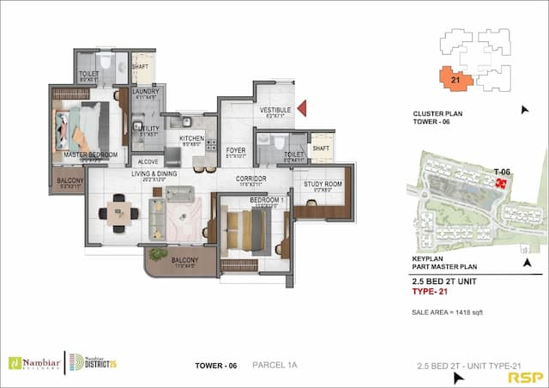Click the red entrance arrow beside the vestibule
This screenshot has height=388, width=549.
[302, 109]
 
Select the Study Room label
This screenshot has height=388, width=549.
[323, 184]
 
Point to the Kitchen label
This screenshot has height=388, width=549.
[191, 138]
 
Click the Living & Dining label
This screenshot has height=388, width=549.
[154, 174]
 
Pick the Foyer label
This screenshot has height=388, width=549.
[236, 150]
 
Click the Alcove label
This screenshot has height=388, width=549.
[147, 161]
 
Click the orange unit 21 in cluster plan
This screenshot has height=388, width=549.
[455, 79]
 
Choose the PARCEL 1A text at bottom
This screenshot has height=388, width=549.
[274, 365]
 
